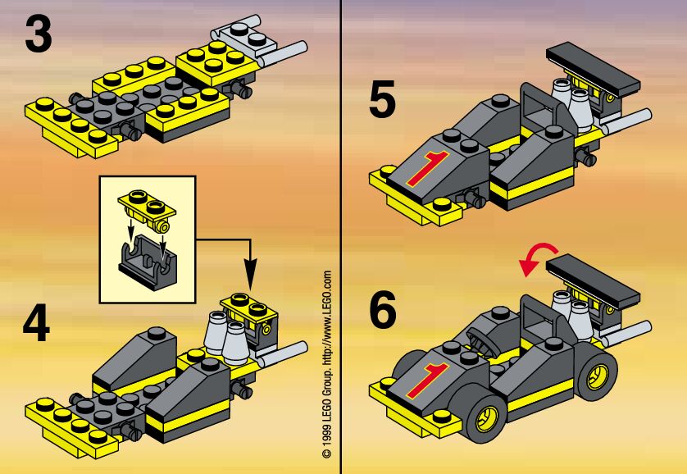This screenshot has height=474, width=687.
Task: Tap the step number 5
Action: (x=383, y=102)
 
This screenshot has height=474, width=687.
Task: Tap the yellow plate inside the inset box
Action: (x=147, y=203)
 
